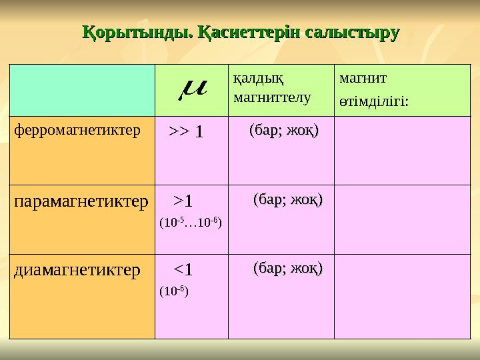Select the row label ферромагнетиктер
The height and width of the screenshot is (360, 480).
pyautogui.click(x=77, y=129)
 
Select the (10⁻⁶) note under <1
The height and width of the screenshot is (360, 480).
pyautogui.click(x=174, y=291)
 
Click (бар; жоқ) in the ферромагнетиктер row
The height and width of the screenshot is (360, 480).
pyautogui.click(x=283, y=130)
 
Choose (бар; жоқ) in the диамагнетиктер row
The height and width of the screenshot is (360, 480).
pyautogui.click(x=288, y=269)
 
